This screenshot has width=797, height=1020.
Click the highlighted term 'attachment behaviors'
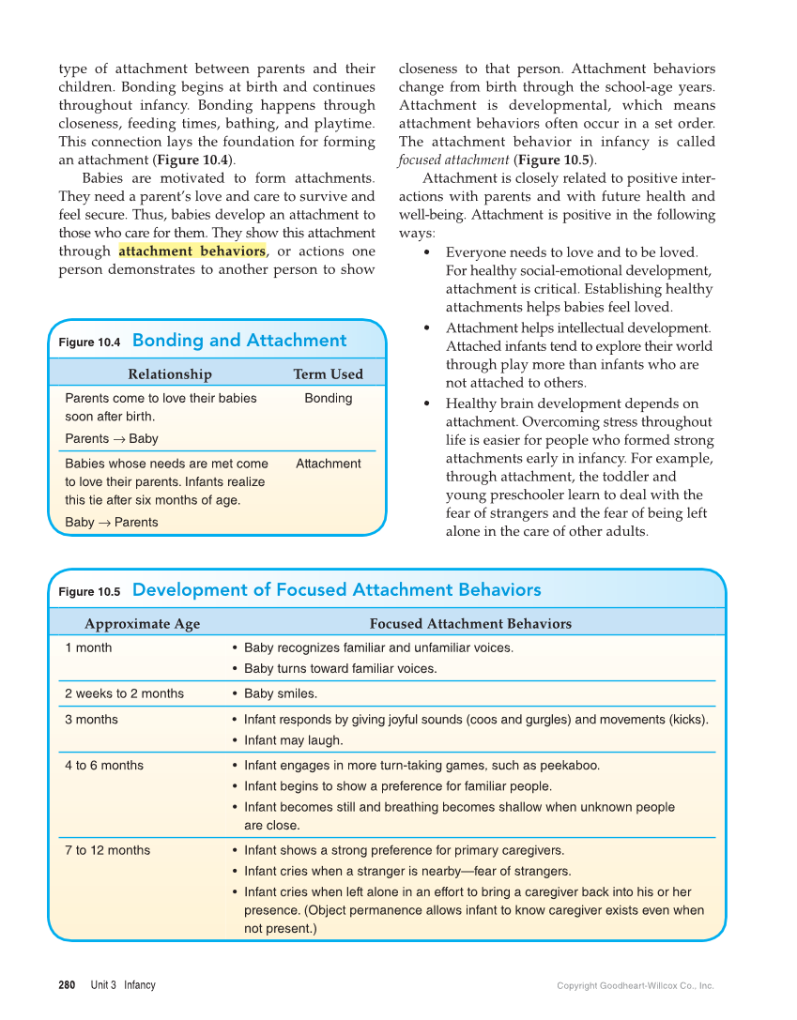click(x=192, y=251)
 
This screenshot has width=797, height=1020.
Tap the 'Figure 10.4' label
click(x=89, y=343)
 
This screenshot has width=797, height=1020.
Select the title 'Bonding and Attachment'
click(x=239, y=341)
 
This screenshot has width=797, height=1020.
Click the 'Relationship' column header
click(x=170, y=373)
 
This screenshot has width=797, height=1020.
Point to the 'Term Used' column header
click(x=328, y=373)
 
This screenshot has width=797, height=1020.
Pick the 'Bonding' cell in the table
click(x=328, y=398)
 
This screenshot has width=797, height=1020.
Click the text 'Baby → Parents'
click(x=112, y=522)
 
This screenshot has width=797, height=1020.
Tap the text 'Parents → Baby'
click(x=112, y=438)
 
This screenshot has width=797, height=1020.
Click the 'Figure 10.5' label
click(x=89, y=592)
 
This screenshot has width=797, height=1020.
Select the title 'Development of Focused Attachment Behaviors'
click(x=336, y=590)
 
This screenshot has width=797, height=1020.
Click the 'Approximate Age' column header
click(x=142, y=623)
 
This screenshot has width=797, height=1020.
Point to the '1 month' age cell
click(x=88, y=647)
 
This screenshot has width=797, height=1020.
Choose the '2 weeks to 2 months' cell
click(x=124, y=693)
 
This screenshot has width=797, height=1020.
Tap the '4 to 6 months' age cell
click(x=104, y=765)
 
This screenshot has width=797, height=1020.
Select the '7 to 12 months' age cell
click(x=107, y=850)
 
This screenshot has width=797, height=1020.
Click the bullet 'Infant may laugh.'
click(x=293, y=740)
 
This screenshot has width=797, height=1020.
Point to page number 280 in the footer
click(x=67, y=985)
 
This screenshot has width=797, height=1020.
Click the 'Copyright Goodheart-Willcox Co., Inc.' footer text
click(x=635, y=986)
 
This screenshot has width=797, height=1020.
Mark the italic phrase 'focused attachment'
click(x=453, y=160)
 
